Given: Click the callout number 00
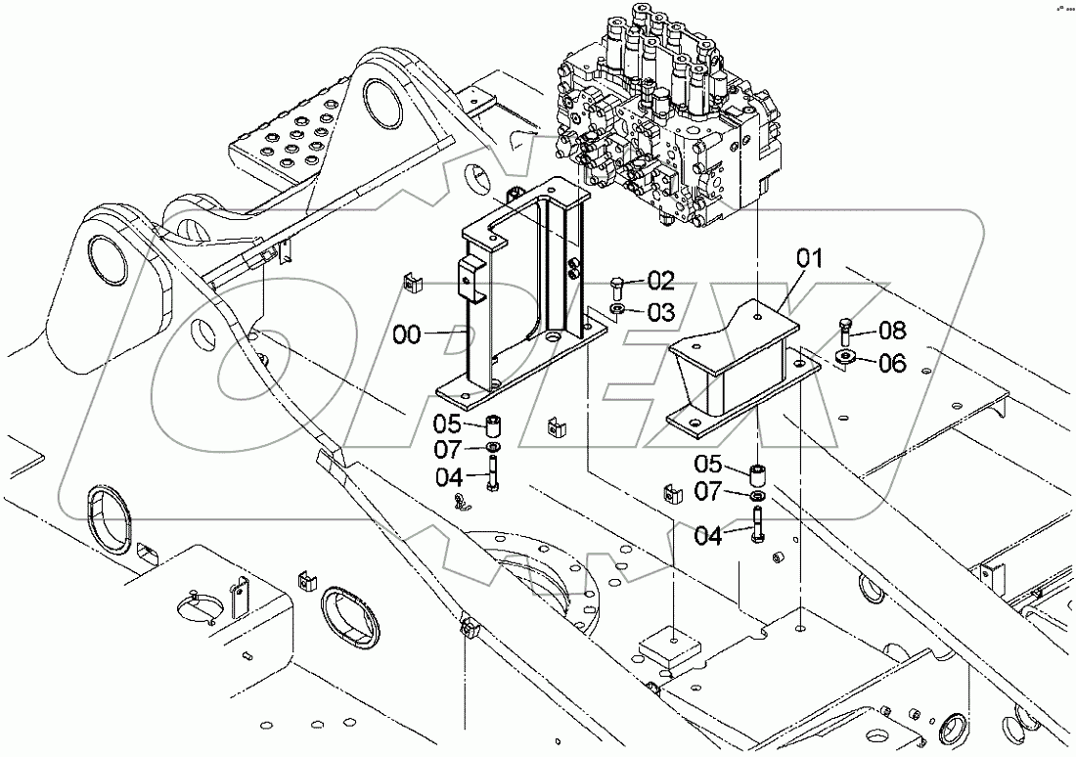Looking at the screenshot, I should click(x=407, y=335).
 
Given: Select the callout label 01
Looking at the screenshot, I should click(x=809, y=259).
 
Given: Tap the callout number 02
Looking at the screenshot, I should click(x=661, y=282).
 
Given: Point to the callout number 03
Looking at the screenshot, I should click(x=661, y=312).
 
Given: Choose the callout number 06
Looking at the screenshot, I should click(x=892, y=363).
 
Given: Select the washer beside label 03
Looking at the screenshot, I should click(x=618, y=310).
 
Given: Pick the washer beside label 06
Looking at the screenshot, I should click(x=844, y=356).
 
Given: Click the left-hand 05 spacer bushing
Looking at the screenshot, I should click(x=495, y=427).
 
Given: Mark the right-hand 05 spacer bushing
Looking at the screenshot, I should click(x=758, y=477).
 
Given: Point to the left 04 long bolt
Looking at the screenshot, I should click(x=493, y=477).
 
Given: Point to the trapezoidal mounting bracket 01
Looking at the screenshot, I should click(x=743, y=372).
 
